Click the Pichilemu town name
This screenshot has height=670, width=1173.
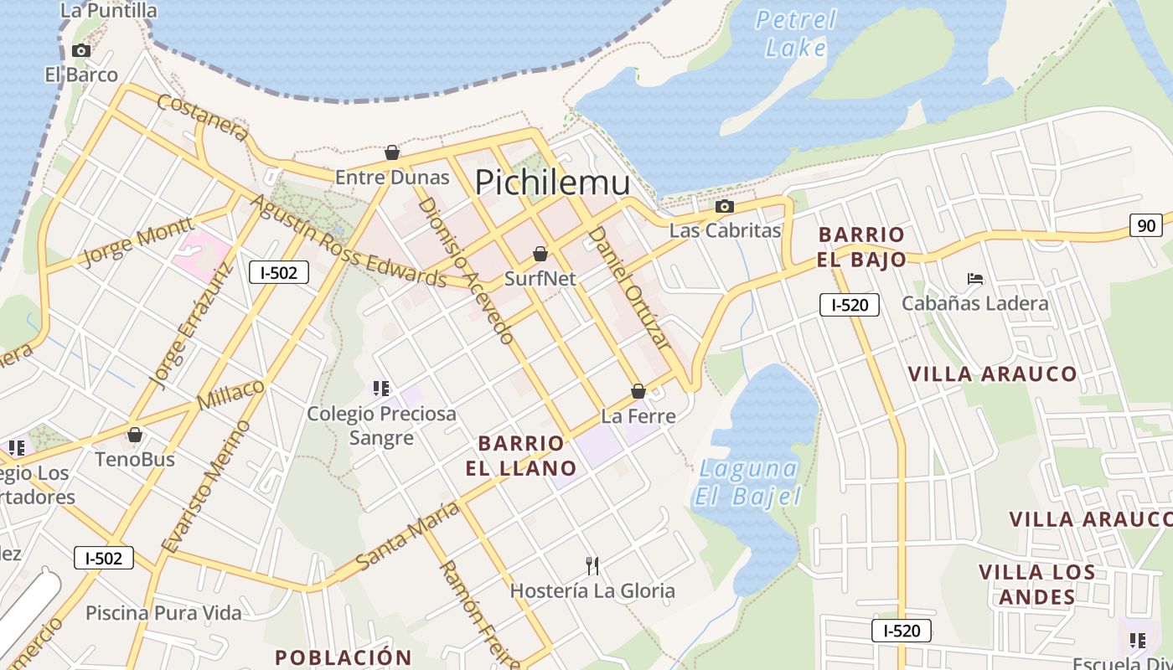tap(552, 182)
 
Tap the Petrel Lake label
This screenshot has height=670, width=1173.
tap(795, 33)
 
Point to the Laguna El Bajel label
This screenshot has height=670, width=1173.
tap(747, 482)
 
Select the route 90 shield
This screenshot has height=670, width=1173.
tap(1145, 224)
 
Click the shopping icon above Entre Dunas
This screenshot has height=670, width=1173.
tap(391, 152)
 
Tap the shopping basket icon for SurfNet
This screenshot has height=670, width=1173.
tap(540, 253)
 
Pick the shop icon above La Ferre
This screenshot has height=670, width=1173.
tap(638, 391)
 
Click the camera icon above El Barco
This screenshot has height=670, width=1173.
tap(81, 50)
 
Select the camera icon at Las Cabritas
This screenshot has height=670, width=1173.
tap(725, 206)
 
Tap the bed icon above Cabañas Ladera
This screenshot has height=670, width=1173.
tap(974, 279)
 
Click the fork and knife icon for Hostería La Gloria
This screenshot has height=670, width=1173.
tap(592, 566)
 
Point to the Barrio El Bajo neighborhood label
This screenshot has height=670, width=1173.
tap(861, 246)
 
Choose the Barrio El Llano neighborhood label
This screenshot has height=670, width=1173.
tap(521, 455)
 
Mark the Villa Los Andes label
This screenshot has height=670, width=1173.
tap(1037, 584)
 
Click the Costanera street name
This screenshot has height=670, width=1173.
tap(203, 117)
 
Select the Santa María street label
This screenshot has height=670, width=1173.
tap(407, 536)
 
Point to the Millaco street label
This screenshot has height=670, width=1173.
tap(231, 394)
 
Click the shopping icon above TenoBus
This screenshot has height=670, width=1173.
tap(134, 435)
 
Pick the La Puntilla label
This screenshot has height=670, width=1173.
tap(109, 10)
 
